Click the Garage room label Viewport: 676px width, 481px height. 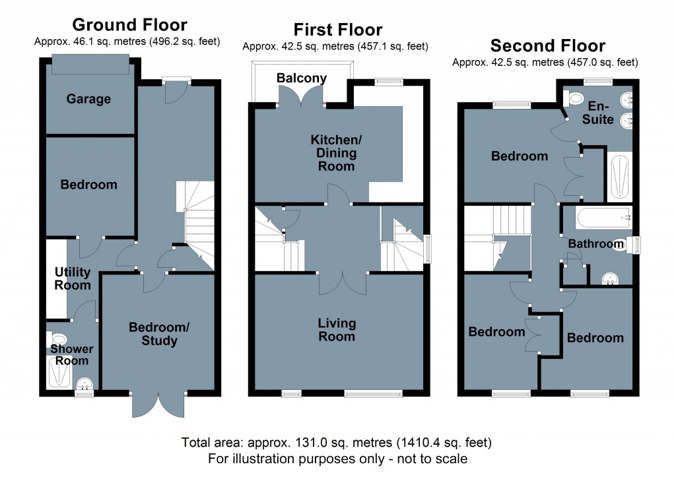pos(88,99)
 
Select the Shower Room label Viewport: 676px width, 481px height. pos(73,354)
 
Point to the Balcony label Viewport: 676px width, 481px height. pos(301,79)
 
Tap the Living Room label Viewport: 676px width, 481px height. pos(337,330)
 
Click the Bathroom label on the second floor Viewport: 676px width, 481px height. pos(595,244)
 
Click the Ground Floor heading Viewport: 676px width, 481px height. pos(129,25)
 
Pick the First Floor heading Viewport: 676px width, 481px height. pos(338,30)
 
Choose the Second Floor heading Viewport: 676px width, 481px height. pos(547,46)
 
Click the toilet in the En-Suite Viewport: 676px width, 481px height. pos(574,100)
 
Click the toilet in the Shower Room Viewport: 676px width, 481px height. pos(55,339)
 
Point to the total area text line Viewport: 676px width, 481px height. pos(337,442)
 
